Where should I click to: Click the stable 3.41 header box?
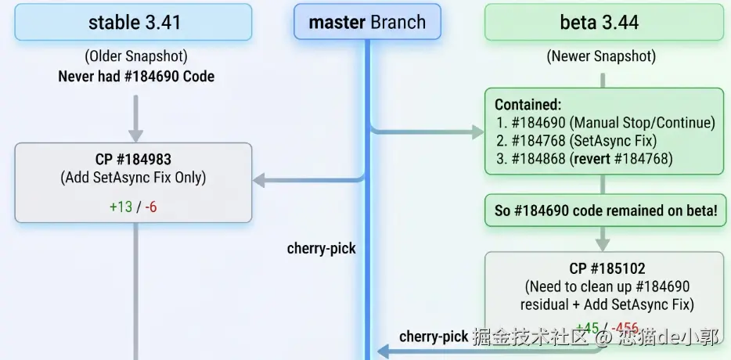pos(134,22)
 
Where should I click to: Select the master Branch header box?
pos(367,22)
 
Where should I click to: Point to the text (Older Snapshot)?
pos(135,57)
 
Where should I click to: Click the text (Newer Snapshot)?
pos(601,56)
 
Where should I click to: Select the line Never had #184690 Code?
pos(136,76)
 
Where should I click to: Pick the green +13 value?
pos(121,207)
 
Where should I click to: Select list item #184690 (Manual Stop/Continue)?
pos(607,122)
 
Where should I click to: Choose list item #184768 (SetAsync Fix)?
pos(583,140)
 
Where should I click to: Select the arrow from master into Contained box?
pos(427,131)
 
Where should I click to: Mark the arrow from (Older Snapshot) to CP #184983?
pos(136,117)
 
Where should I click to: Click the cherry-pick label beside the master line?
pos(321,249)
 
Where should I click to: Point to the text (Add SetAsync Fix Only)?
pos(133,178)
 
